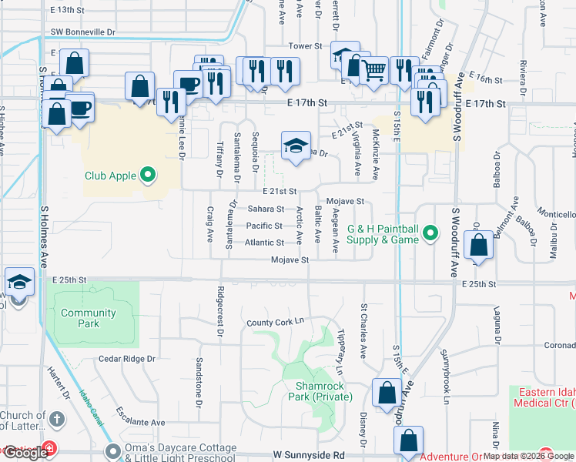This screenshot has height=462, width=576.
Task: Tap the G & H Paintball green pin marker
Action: (x=430, y=231)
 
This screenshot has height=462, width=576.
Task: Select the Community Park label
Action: (x=89, y=318)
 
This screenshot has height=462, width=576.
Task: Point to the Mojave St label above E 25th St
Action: (x=290, y=260)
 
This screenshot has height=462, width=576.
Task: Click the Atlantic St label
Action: (x=265, y=243)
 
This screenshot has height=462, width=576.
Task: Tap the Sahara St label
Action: (x=266, y=209)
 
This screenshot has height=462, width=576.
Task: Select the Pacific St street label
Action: (x=264, y=226)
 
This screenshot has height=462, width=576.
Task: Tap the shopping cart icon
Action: (x=374, y=72)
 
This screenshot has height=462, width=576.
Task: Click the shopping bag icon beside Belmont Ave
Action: (x=479, y=246)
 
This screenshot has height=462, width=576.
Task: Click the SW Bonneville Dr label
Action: (x=82, y=32)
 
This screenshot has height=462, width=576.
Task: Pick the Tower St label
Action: (x=306, y=46)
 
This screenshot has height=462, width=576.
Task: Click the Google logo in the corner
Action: (x=25, y=453)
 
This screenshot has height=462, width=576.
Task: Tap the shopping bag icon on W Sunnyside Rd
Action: (x=409, y=441)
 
